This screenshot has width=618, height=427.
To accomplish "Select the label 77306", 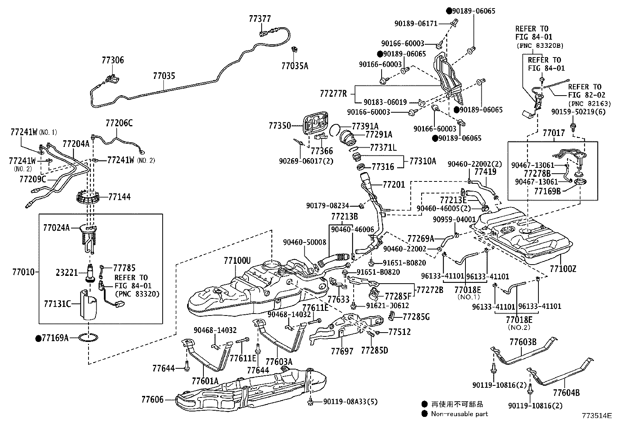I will pos(113,60).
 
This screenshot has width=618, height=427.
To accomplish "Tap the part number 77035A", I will pos(295,66).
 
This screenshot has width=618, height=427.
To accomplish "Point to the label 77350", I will pos(280,125).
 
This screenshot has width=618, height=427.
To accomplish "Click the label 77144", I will pos(119,197).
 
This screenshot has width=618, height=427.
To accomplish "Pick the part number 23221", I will pos(67,272).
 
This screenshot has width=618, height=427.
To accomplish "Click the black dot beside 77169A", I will pos(38,338).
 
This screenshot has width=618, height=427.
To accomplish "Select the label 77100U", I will pos(237,260).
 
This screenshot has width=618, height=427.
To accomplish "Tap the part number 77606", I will pos(153,399).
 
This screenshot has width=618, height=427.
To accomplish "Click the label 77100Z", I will pos(563,268).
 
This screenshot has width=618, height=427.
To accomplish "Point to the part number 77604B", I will pos(566,392).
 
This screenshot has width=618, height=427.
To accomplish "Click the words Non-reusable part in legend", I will pos(459,414).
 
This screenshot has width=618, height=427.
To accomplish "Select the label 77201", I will pos(394,184).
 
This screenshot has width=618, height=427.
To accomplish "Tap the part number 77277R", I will pos(333,94).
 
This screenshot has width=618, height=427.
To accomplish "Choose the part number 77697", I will pos(342,351).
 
